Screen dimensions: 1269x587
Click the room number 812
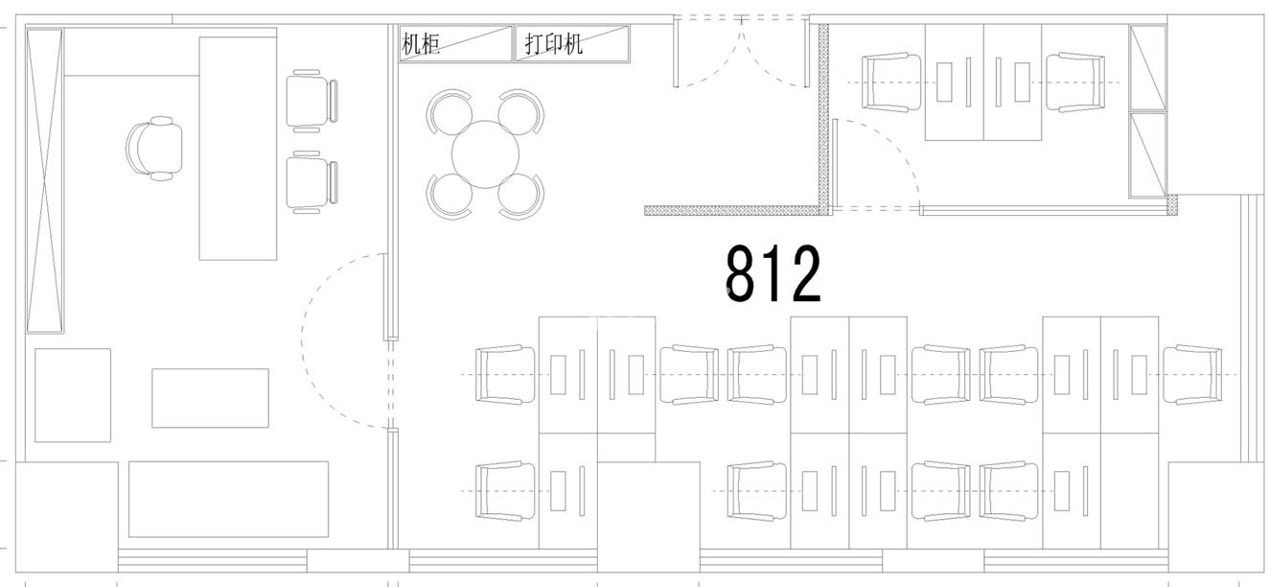[x=773, y=273]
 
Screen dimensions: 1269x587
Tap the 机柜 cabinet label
[x=421, y=44]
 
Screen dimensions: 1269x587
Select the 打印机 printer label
[x=553, y=43]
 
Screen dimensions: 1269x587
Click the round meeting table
[x=485, y=153]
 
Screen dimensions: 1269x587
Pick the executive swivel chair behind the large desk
[x=154, y=149]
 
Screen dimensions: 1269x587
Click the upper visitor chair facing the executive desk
[x=311, y=101]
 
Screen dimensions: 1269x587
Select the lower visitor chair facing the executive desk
[x=311, y=182]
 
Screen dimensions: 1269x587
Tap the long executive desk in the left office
[x=238, y=149]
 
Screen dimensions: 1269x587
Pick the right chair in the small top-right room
[x=1074, y=82]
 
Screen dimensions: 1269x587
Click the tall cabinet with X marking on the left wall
[x=44, y=180]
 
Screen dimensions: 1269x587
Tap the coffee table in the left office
[x=210, y=398]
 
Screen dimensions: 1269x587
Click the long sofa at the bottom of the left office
[x=228, y=499]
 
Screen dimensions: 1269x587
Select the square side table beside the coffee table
[x=73, y=395]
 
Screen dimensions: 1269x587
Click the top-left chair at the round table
[x=449, y=111]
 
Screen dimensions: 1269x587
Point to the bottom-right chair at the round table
[x=521, y=197]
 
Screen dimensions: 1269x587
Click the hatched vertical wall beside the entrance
[x=823, y=119]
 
